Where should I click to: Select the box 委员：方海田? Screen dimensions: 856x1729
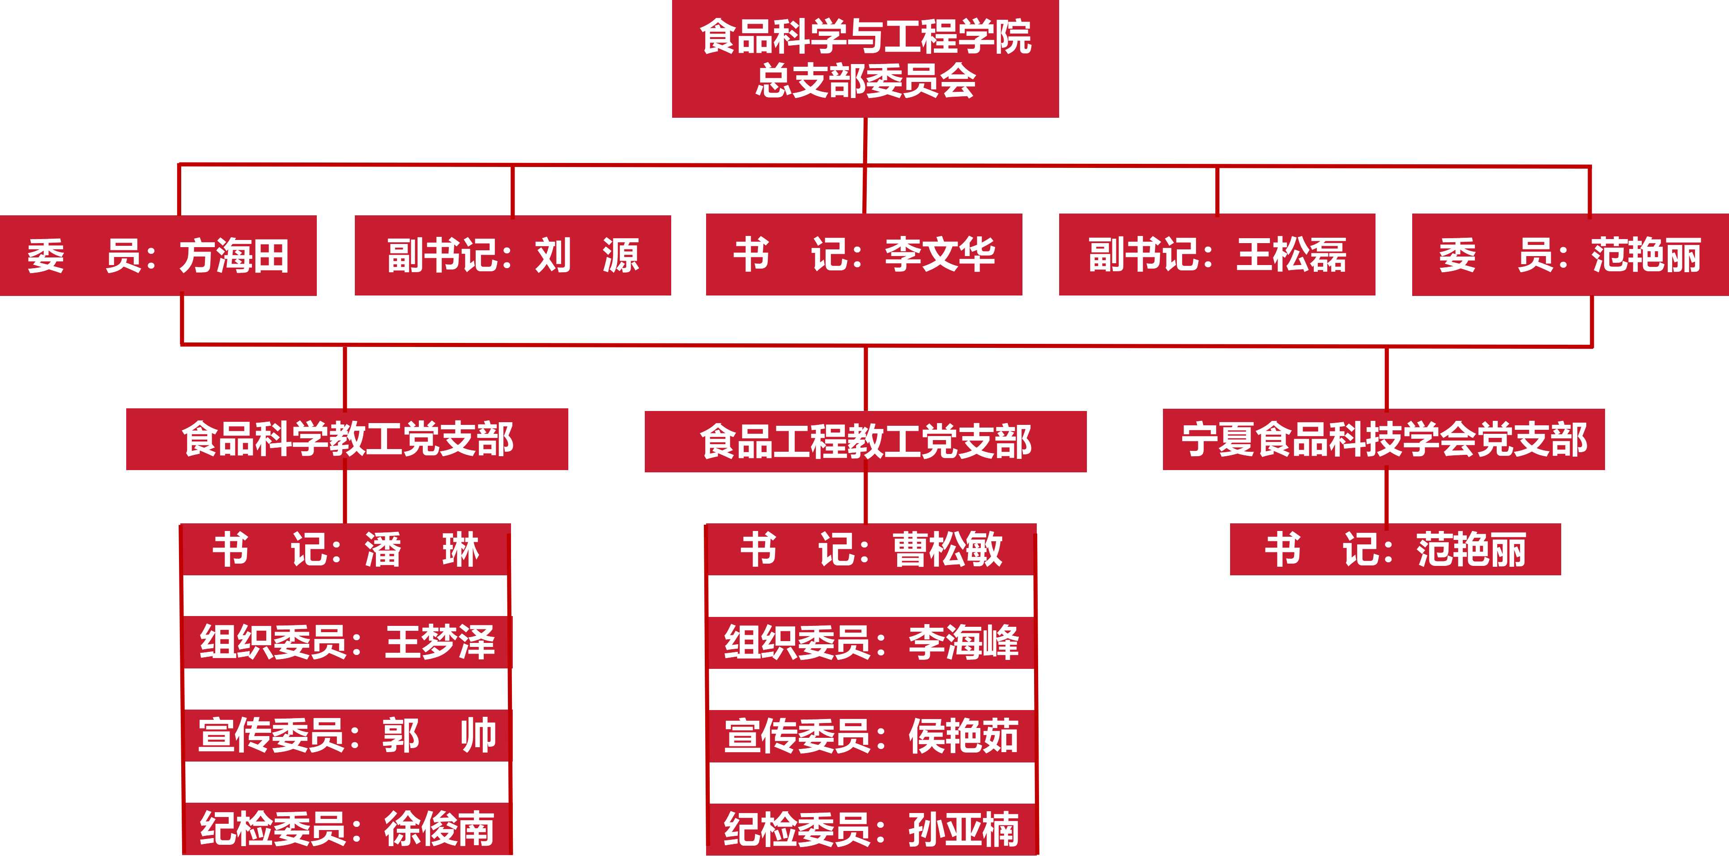point(158,256)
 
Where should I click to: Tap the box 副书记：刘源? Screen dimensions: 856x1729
point(513,255)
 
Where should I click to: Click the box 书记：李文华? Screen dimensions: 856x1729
point(864,254)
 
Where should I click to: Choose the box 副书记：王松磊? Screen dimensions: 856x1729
point(1217,254)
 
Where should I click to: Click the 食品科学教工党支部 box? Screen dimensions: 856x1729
point(347,439)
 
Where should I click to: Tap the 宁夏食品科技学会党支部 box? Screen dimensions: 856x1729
point(1384,439)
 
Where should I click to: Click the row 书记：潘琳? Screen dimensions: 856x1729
point(345,549)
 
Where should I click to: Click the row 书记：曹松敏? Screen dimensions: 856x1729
point(871,549)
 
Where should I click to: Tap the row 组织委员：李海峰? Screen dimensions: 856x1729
point(871,642)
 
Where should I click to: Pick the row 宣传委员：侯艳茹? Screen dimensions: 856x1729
point(871,736)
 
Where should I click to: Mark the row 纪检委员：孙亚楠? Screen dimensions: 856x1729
point(871,829)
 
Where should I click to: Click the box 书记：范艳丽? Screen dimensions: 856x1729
point(1395,549)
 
